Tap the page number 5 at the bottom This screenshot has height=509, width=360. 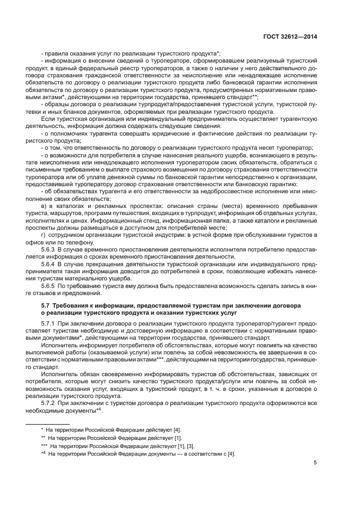[x=316, y=463]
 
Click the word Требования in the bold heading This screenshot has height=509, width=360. [x=70, y=305]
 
